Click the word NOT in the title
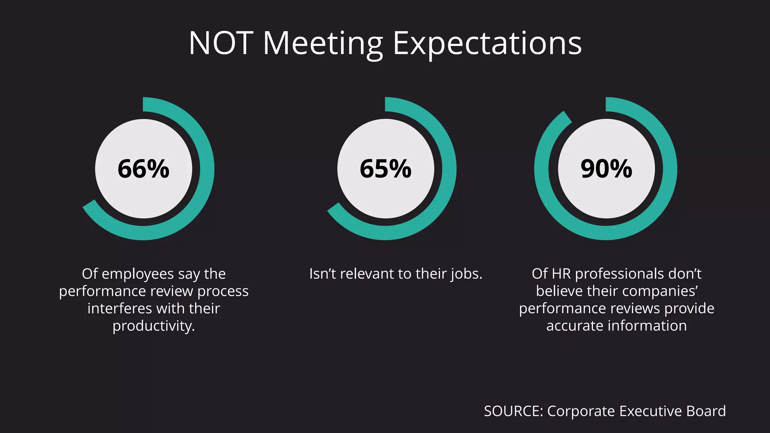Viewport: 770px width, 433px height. (221, 43)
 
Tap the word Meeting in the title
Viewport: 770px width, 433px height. (323, 43)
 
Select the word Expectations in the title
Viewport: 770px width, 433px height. (487, 43)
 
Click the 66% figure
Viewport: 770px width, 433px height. (144, 169)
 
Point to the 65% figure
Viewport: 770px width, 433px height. (386, 169)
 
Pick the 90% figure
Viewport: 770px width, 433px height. (606, 169)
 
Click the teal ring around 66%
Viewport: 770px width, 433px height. (207, 169)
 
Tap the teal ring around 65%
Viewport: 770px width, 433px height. (449, 169)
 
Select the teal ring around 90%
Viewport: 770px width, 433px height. (670, 169)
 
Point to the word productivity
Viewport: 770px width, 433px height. (153, 326)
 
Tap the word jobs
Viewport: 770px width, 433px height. (466, 274)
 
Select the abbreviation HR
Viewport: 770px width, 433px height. (561, 274)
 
